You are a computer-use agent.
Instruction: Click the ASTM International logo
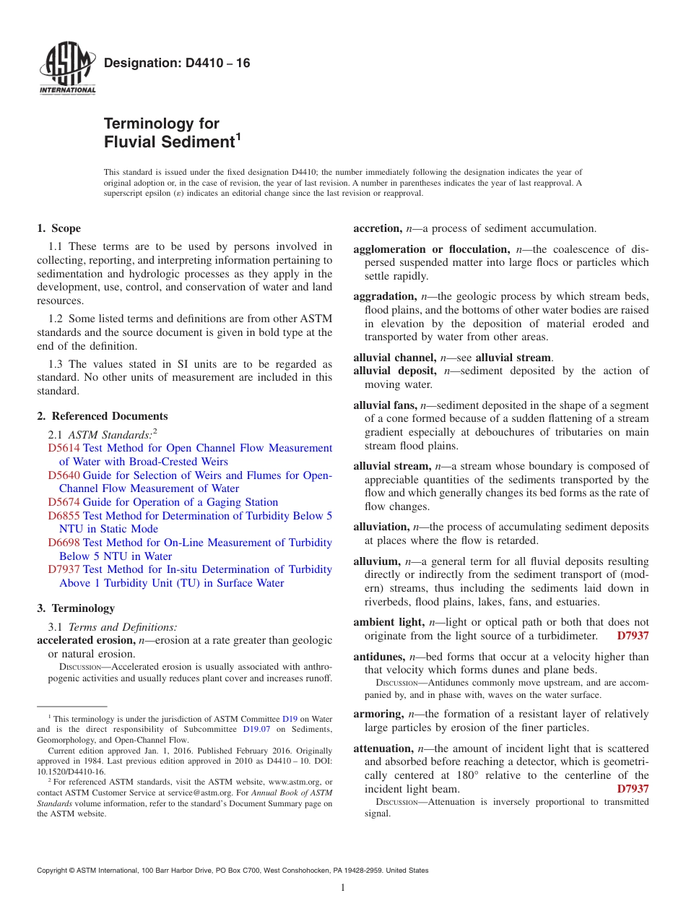[x=67, y=70]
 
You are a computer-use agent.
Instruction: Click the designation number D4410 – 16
[x=177, y=64]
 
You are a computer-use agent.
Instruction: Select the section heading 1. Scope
[x=58, y=229]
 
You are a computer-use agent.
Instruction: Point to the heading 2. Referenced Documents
[x=103, y=416]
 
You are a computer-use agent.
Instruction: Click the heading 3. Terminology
[x=76, y=608]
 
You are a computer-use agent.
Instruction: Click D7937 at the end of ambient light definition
[x=633, y=636]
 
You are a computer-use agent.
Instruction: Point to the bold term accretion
[x=377, y=229]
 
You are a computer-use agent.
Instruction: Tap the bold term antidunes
[x=379, y=657]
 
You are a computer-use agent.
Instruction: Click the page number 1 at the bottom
[x=343, y=888]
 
